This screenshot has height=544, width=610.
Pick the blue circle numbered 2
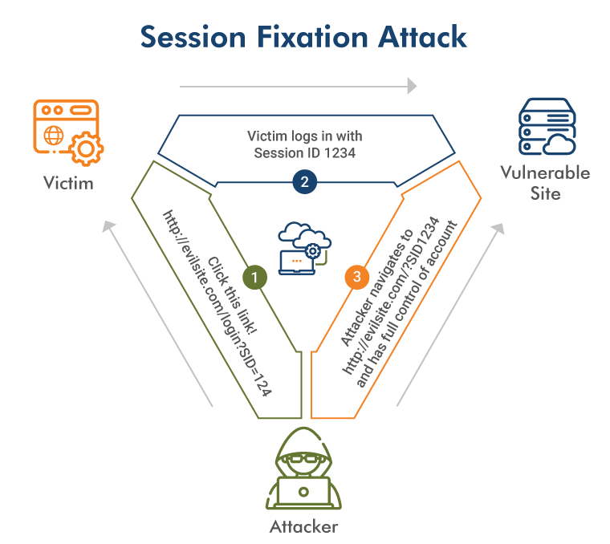click(304, 182)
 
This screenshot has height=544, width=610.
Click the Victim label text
click(68, 183)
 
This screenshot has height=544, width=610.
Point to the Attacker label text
click(303, 527)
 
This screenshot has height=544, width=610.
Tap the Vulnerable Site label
click(545, 182)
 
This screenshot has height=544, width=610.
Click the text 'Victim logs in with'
click(305, 136)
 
